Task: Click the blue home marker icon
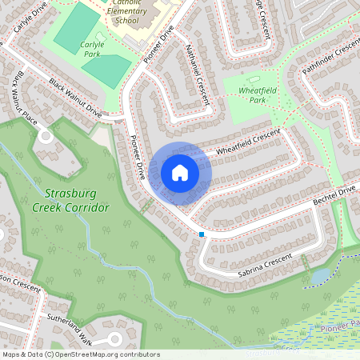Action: [x=180, y=172]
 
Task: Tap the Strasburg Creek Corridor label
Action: [x=70, y=200]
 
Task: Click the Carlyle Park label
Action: [x=92, y=50]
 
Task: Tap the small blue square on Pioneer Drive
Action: [x=202, y=234]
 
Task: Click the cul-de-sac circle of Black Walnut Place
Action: [x=45, y=136]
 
